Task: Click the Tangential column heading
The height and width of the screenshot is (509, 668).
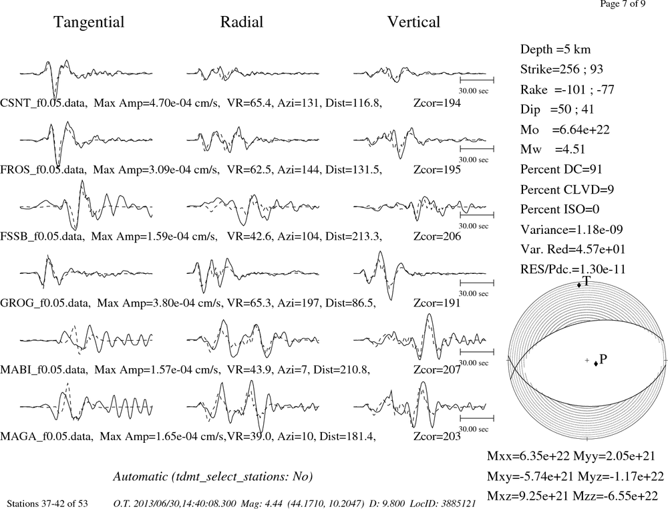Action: tap(89, 22)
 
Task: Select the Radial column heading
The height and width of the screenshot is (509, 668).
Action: tap(242, 22)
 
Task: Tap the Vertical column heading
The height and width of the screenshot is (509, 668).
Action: tap(413, 22)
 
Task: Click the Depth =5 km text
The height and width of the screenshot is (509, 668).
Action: tap(555, 49)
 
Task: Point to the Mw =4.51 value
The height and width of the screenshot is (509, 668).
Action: tap(552, 149)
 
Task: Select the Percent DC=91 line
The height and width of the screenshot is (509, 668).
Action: tap(561, 169)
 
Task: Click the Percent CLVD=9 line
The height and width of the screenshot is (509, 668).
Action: tap(567, 189)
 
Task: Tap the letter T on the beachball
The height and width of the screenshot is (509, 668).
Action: tap(587, 281)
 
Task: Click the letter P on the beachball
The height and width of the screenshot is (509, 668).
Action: tap(603, 359)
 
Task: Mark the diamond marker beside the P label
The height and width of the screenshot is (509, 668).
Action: tap(596, 363)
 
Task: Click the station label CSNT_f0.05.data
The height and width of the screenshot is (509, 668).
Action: tap(44, 103)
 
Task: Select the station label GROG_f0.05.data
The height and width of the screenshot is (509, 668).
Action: tap(45, 303)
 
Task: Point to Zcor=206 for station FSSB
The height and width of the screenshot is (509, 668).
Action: tap(437, 236)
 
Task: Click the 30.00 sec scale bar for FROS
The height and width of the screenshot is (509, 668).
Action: tap(477, 149)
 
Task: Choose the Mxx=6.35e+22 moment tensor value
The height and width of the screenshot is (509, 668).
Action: tap(528, 456)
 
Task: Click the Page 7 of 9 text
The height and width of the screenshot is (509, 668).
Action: tap(623, 4)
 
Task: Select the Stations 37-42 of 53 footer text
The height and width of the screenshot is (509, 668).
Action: tap(47, 504)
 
